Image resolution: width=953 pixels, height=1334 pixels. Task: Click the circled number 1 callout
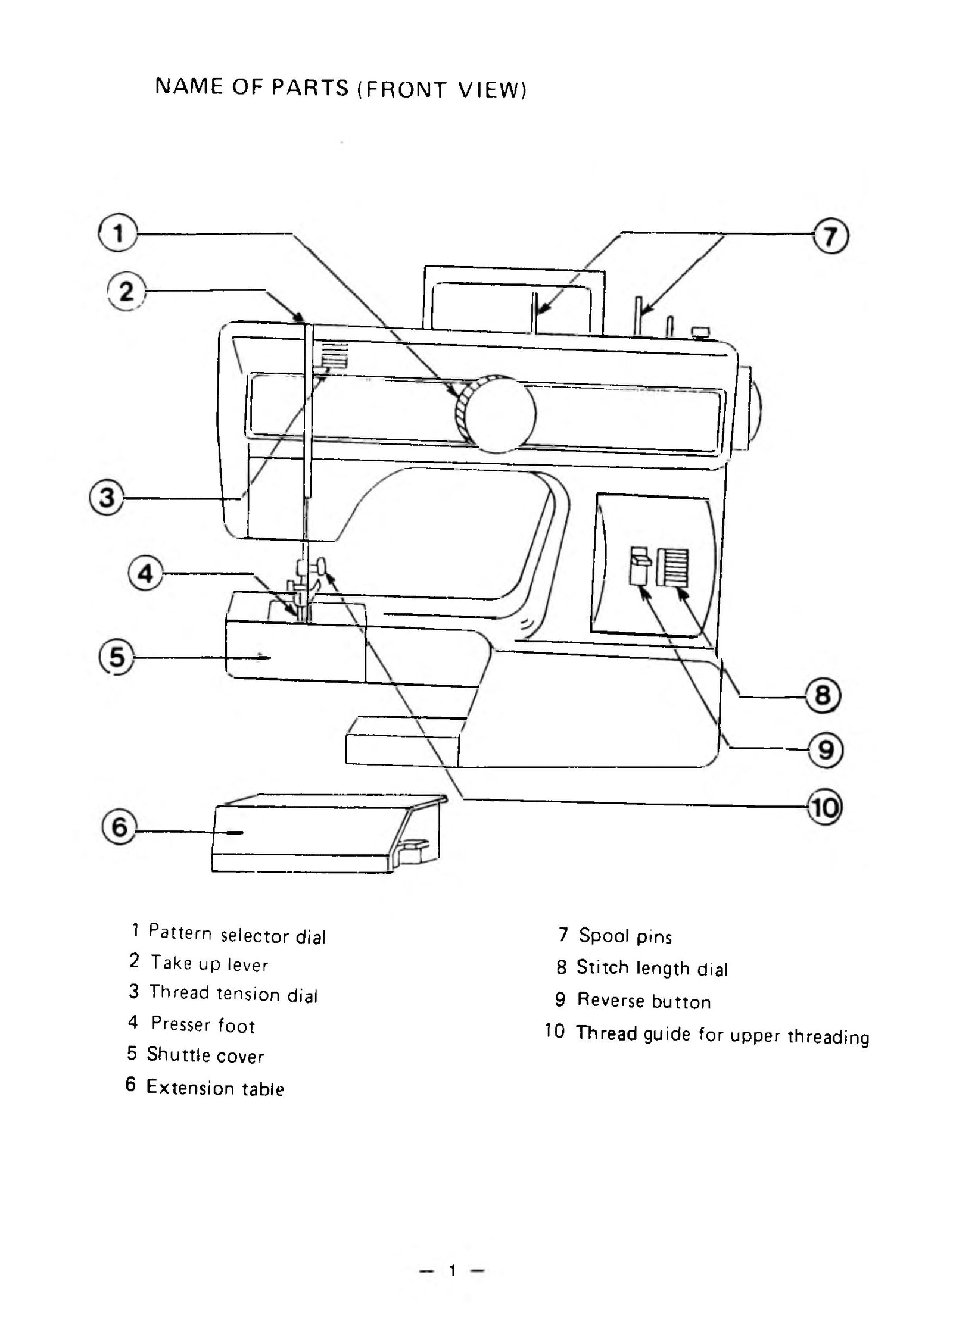[119, 233]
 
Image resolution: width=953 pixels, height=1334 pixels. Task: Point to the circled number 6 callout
[120, 827]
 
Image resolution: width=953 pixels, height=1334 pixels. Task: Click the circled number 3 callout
[107, 497]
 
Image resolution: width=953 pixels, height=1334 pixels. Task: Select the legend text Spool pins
[625, 936]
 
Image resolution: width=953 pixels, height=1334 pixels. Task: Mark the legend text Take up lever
[209, 963]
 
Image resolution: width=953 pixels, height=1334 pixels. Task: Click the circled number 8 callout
[823, 695]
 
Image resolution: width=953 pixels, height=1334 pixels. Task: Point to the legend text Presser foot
[203, 1024]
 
